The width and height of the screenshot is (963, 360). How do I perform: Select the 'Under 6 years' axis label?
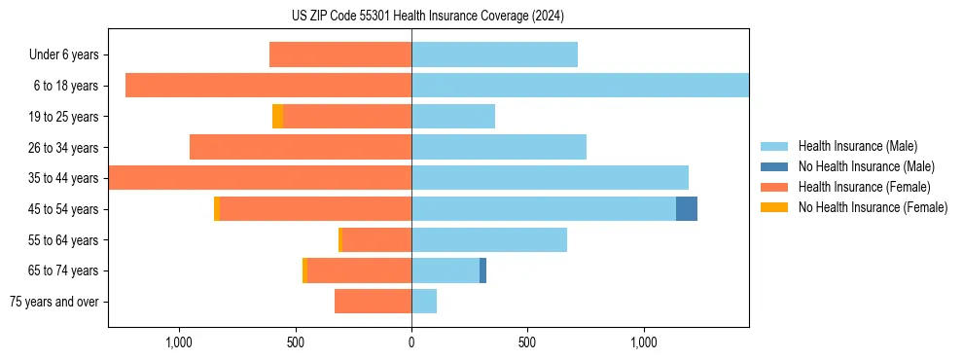(x=69, y=55)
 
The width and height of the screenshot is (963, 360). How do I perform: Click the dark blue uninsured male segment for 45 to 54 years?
(x=687, y=208)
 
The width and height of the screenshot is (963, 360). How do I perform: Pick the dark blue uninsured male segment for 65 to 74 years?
(x=482, y=270)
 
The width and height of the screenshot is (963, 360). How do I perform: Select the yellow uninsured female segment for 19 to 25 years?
(x=277, y=117)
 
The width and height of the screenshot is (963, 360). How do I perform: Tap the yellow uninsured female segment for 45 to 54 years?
(x=217, y=208)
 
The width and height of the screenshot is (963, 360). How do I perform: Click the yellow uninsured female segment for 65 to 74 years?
(x=304, y=270)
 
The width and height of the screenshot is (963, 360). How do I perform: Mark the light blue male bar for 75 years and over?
(x=424, y=302)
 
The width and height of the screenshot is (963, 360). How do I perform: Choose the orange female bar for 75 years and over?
(x=373, y=302)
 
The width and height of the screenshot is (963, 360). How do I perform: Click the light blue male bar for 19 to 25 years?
(x=453, y=117)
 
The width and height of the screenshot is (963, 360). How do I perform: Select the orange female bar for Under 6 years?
(x=340, y=55)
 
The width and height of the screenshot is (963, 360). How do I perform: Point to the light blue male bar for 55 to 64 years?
(x=489, y=239)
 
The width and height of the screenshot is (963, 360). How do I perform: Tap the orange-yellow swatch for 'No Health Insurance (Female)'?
(x=774, y=207)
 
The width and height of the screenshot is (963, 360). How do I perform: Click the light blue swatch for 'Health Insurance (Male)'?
(x=774, y=146)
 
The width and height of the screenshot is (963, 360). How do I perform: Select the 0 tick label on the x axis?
(x=411, y=342)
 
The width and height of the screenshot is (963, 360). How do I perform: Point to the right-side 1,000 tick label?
(x=644, y=342)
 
